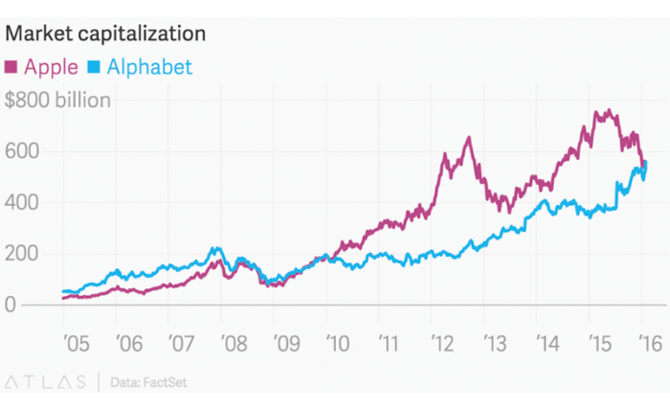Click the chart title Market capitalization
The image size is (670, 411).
click(106, 34)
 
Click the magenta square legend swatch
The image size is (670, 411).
click(12, 67)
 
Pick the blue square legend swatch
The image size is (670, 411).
click(94, 67)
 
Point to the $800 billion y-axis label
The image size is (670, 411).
click(57, 100)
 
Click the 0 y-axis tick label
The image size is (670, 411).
click(11, 306)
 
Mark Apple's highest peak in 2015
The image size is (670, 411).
click(606, 111)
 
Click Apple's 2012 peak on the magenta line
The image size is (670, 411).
click(468, 138)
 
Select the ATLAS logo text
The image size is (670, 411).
click(47, 381)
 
